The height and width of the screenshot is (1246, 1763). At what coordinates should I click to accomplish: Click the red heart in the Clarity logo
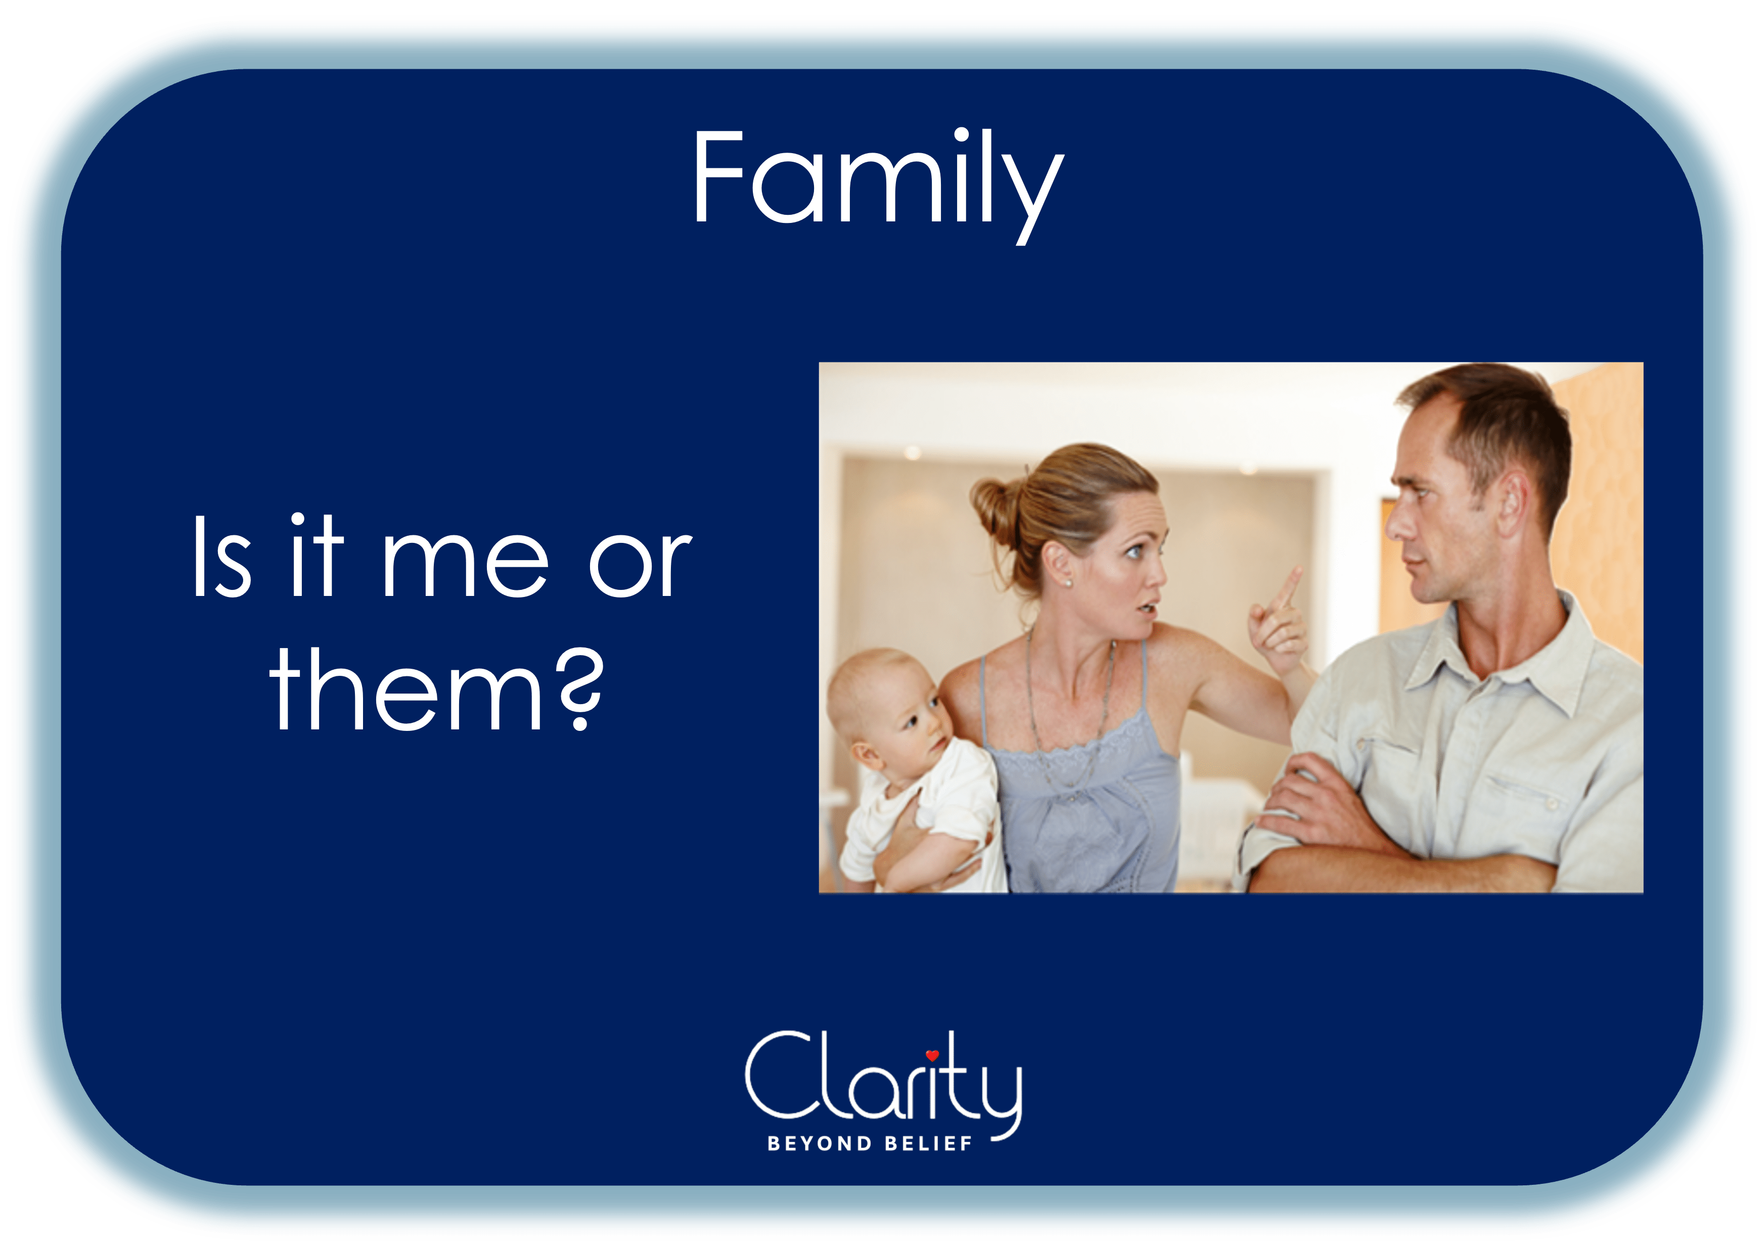[x=932, y=1055]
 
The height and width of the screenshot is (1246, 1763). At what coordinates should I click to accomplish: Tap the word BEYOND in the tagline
[x=819, y=1144]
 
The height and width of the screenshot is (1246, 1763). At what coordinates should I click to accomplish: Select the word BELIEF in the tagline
[x=928, y=1144]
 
